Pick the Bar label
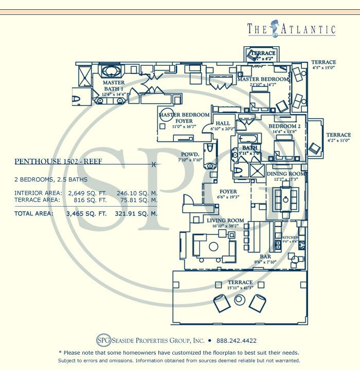point(265,256)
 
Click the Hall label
point(223,123)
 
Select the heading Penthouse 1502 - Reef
point(58,161)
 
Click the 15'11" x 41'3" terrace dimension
point(240,288)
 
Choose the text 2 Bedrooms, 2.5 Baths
point(50,179)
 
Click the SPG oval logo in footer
point(104,340)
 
